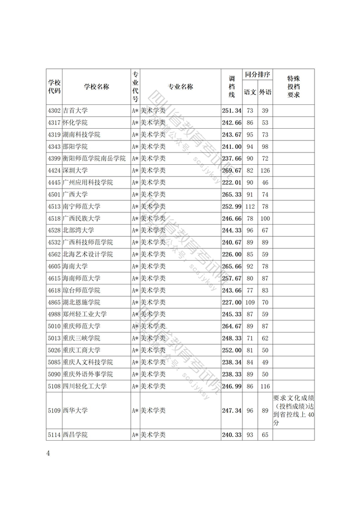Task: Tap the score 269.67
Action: (231, 171)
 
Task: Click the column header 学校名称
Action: (96, 87)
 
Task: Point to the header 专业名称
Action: (180, 87)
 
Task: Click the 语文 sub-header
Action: (250, 93)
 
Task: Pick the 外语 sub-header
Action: (265, 93)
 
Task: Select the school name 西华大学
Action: (75, 410)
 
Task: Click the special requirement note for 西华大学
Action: (293, 410)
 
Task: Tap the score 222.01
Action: (231, 183)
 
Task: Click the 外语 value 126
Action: (265, 171)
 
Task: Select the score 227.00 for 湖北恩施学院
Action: (231, 302)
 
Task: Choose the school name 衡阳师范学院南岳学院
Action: (94, 158)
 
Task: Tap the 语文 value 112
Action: (250, 207)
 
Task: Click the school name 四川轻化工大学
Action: (85, 387)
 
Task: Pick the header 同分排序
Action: (257, 75)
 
